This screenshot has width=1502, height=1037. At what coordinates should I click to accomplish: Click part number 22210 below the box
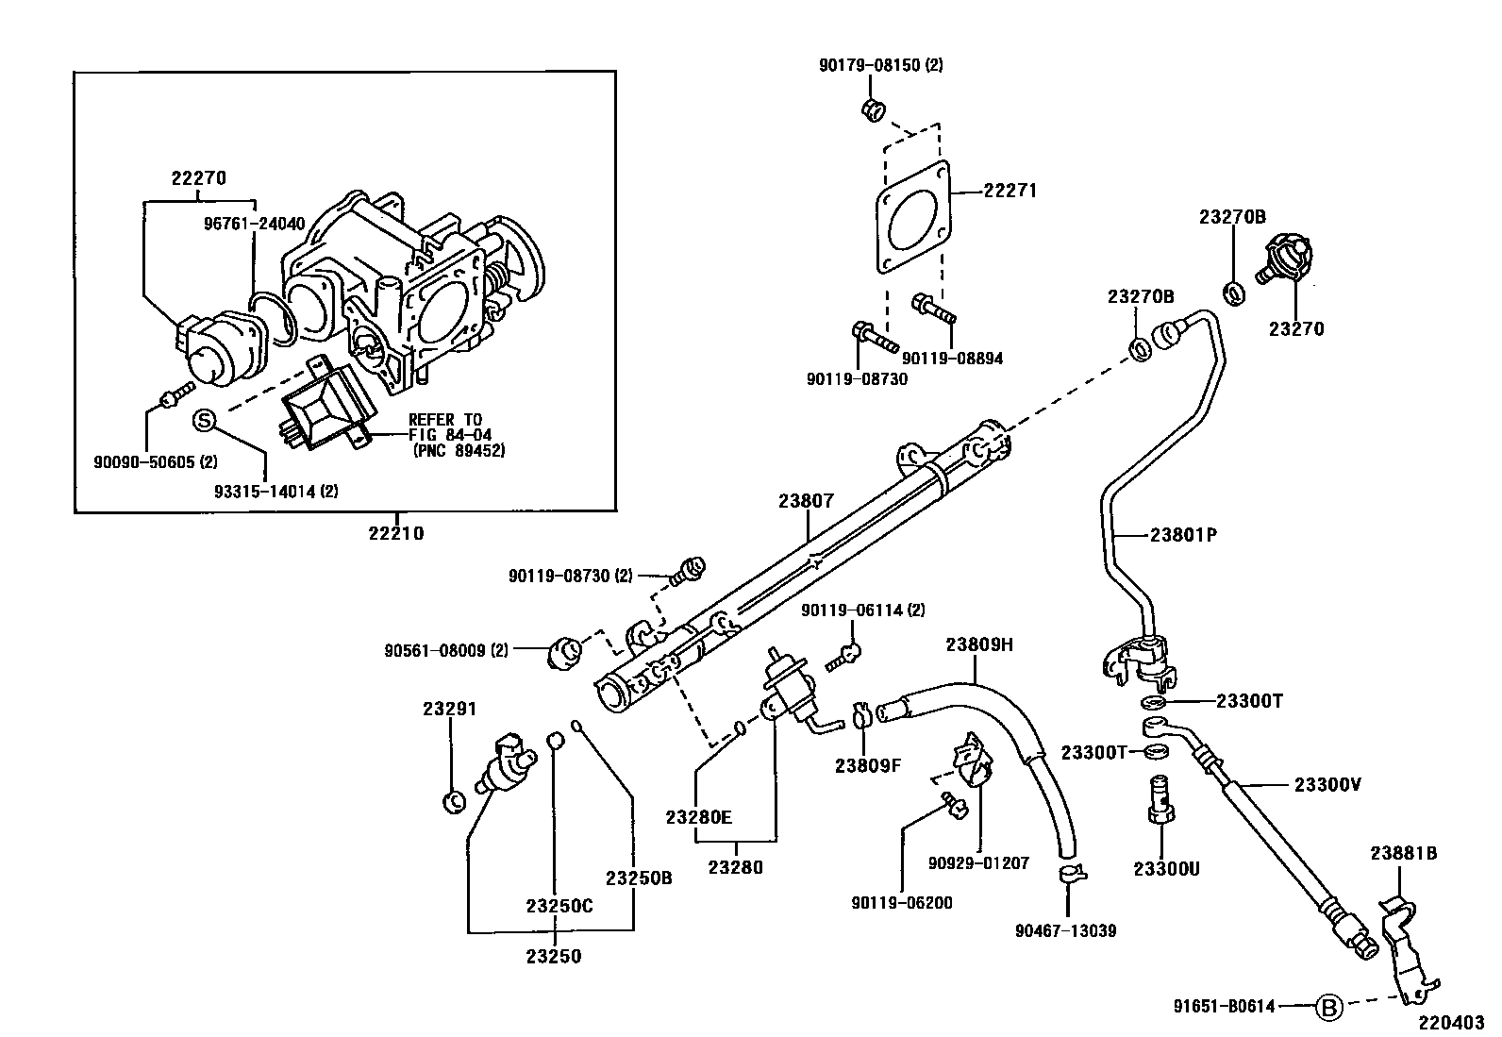[x=396, y=533]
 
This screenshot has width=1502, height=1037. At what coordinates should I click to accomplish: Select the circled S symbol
[x=205, y=421]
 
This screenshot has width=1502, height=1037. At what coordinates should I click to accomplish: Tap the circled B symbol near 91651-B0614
[x=1328, y=1008]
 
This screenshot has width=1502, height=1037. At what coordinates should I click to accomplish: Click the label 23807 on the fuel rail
[x=806, y=501]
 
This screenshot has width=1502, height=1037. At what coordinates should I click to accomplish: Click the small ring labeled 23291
[x=454, y=801]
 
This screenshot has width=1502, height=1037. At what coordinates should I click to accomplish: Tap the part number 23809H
[x=979, y=644]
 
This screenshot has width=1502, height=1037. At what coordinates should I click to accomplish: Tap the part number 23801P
[x=1184, y=535]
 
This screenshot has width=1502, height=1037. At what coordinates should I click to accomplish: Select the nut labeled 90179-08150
[x=873, y=109]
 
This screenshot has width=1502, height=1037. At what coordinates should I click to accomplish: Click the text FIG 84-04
[x=444, y=435]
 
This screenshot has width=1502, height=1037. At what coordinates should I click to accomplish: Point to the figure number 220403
[x=1451, y=1022]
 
